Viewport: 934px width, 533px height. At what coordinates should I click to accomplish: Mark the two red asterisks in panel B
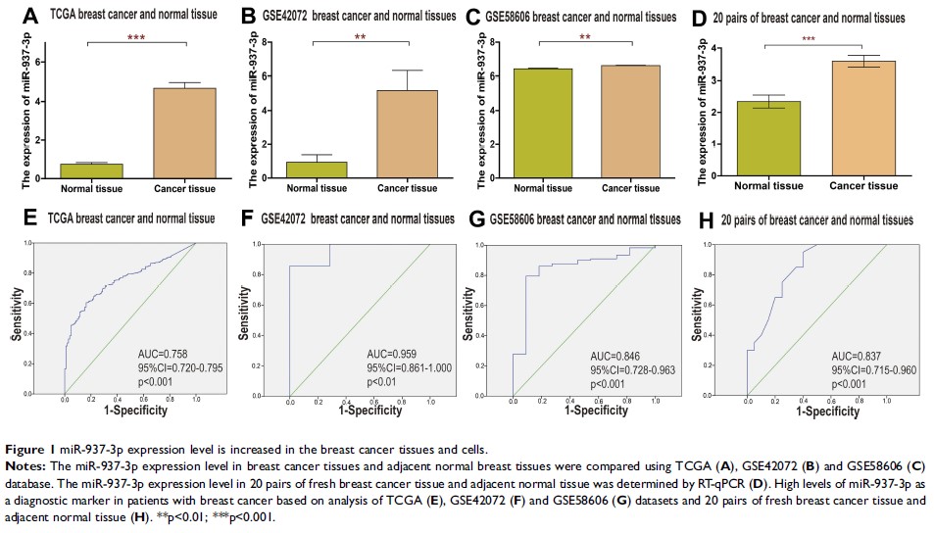tap(362, 39)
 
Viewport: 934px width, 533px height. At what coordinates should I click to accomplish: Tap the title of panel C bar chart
tap(581, 18)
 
